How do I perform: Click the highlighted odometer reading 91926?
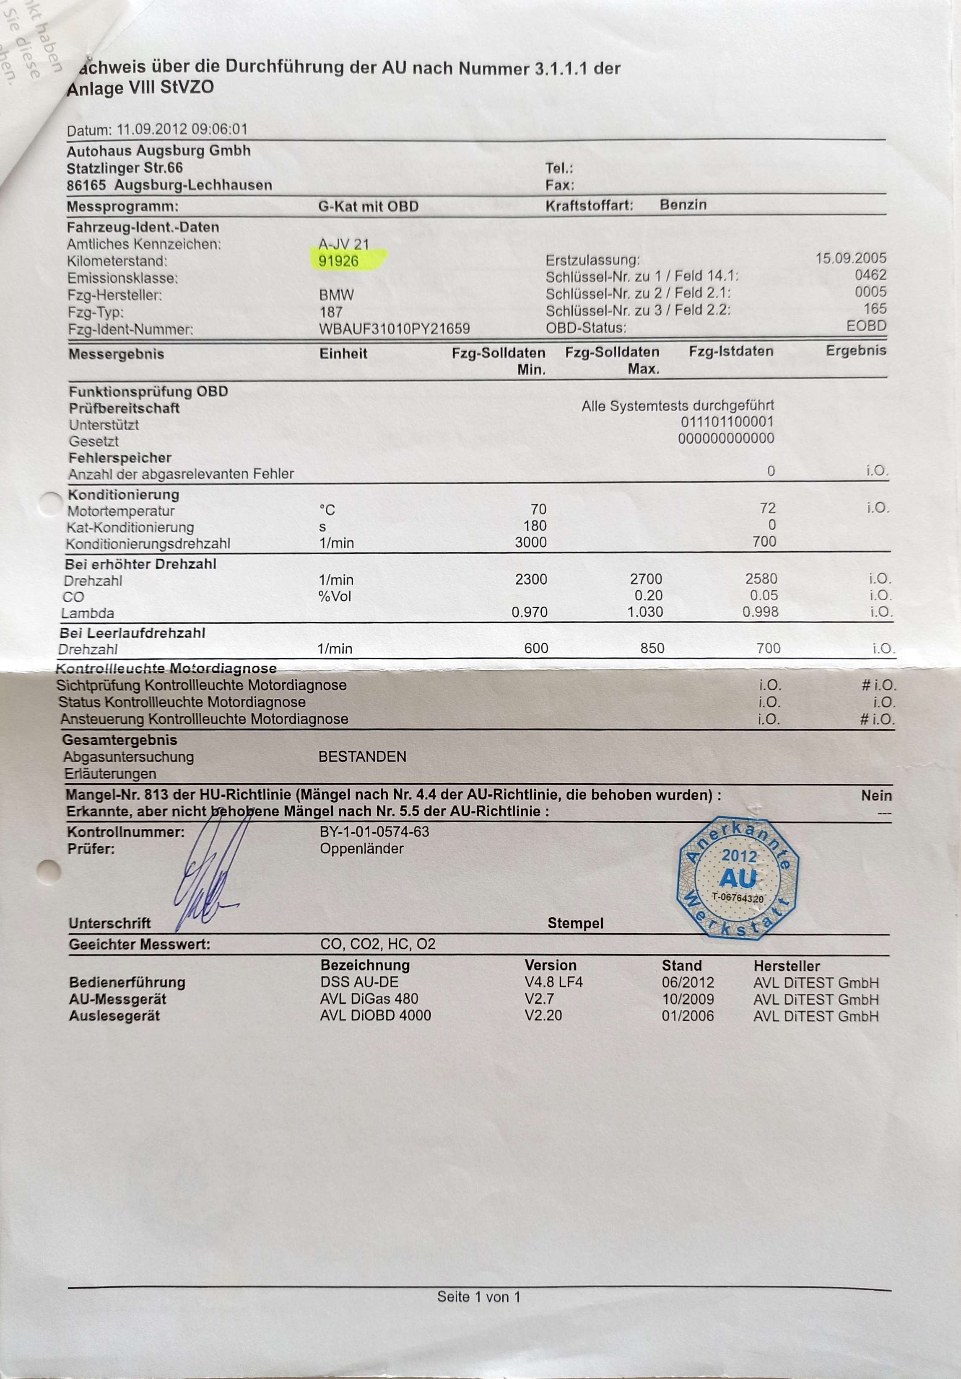[339, 261]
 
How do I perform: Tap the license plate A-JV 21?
[344, 244]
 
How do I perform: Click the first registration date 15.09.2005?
[850, 258]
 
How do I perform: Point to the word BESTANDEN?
[362, 757]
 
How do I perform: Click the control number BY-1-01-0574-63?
[374, 832]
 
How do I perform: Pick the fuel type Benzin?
[683, 205]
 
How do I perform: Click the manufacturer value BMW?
[337, 295]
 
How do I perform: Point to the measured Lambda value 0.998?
[760, 612]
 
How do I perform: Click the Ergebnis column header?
[856, 351]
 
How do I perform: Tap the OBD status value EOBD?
[866, 326]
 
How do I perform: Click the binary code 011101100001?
[727, 422]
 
